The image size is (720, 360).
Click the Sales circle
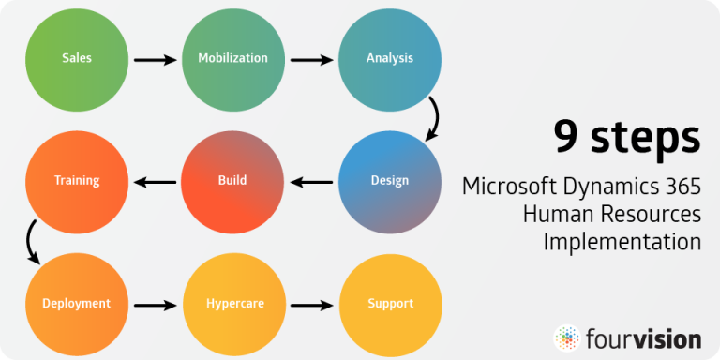(x=76, y=58)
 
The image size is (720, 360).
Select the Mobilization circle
(x=232, y=58)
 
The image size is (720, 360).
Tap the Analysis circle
(x=389, y=58)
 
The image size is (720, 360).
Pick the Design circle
(x=389, y=180)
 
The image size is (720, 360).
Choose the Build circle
(x=232, y=180)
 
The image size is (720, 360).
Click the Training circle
(x=76, y=180)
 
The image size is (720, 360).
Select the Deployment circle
(x=76, y=303)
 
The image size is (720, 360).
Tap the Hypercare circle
(x=232, y=303)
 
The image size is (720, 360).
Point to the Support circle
(x=389, y=303)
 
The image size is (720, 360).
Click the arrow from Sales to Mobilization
(x=155, y=60)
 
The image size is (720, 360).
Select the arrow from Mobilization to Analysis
(x=311, y=60)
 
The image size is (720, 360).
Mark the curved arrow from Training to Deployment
(x=32, y=241)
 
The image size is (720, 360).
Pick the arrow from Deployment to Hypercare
(x=155, y=305)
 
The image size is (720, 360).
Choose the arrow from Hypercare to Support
(x=311, y=305)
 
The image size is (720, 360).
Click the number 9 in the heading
(x=565, y=138)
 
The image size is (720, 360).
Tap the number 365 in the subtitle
(x=682, y=186)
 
